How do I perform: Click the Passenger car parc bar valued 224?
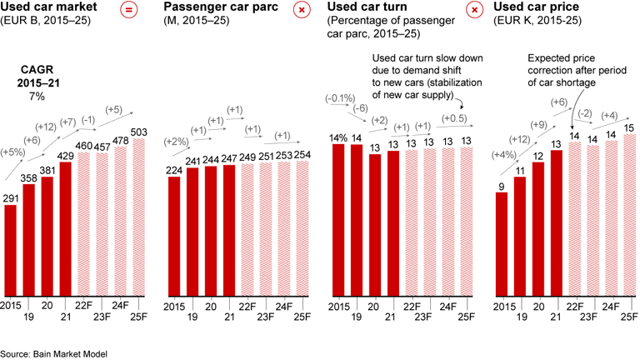pos(175,236)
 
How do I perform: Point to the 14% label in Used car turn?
pos(339,137)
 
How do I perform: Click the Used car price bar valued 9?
pos(502,243)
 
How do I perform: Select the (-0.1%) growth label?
pos(339,99)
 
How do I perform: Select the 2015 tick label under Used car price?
pos(502,306)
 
